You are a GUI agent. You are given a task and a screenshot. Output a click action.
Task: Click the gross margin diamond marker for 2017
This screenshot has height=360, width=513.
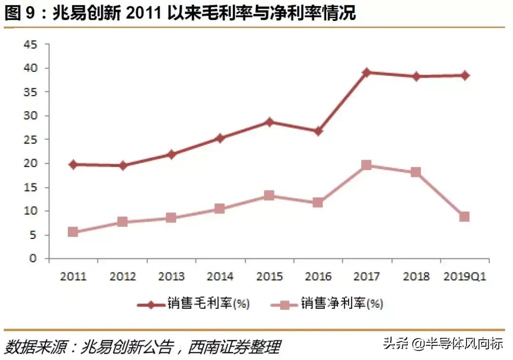click(366, 73)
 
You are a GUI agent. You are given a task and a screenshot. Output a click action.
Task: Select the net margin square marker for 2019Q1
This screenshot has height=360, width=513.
click(464, 217)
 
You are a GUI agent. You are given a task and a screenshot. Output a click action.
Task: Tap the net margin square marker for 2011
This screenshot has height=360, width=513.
click(73, 232)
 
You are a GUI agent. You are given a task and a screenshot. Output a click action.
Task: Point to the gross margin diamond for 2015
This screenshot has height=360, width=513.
click(269, 122)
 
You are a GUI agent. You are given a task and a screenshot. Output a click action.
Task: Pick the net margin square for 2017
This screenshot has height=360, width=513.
click(366, 165)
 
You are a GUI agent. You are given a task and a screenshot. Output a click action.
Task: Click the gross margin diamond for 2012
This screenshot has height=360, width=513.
click(122, 166)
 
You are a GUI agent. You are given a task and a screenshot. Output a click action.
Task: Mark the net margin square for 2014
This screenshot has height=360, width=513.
click(220, 208)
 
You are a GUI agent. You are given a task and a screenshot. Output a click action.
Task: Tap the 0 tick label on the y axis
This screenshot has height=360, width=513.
click(33, 259)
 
